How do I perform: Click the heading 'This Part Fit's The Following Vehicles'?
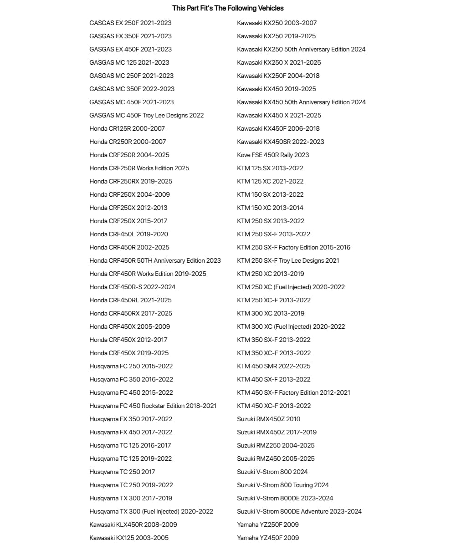click(x=228, y=8)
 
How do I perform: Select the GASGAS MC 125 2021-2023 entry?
click(x=129, y=62)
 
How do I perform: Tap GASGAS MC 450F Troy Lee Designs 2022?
click(x=147, y=115)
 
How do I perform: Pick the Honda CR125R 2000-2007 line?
click(x=128, y=128)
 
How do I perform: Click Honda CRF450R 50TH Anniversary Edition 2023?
click(x=155, y=260)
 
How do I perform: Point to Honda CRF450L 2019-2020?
click(x=129, y=234)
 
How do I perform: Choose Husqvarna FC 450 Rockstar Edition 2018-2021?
click(x=153, y=406)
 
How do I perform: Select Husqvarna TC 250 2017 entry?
click(x=123, y=472)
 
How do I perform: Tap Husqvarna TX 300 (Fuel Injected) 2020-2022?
click(x=151, y=511)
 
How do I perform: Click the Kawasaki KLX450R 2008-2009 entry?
click(x=133, y=524)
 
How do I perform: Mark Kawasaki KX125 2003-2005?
click(x=129, y=538)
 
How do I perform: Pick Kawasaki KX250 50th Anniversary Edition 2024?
click(x=301, y=49)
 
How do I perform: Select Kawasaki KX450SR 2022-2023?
click(x=281, y=142)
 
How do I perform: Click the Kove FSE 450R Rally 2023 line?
click(x=273, y=155)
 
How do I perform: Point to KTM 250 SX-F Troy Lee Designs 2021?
click(x=288, y=260)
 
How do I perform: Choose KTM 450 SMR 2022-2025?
click(x=274, y=366)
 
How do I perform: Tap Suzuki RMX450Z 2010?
click(x=269, y=419)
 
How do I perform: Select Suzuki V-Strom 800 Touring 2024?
click(x=283, y=485)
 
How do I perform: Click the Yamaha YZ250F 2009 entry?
click(x=268, y=524)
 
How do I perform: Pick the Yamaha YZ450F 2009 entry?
click(x=268, y=538)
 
